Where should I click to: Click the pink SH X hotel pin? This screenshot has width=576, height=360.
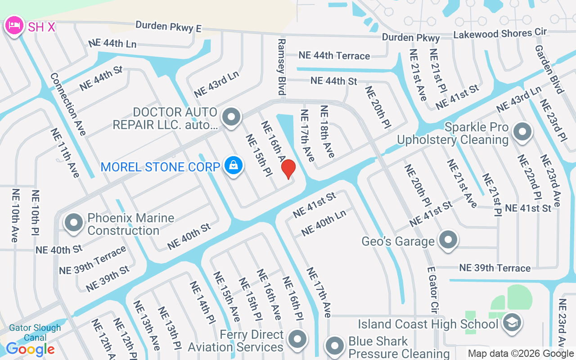coord(14,25)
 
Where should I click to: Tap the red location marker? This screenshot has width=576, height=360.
coord(288,169)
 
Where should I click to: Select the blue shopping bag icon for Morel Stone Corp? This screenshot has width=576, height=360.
coord(234,166)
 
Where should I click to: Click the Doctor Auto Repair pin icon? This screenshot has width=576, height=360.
coord(232,117)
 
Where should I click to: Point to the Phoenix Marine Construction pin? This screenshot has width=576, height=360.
coord(74,223)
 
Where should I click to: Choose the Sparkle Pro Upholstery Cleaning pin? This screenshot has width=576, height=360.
coord(522,132)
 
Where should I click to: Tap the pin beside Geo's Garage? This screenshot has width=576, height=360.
coord(448,240)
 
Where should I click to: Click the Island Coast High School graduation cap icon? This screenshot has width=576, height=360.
coord(512,322)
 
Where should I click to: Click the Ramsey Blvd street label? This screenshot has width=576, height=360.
coord(282,67)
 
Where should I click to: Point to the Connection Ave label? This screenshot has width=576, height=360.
coord(67,104)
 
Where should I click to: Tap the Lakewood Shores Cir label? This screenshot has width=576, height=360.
coord(500,33)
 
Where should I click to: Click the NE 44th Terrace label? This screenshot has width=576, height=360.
coord(334,55)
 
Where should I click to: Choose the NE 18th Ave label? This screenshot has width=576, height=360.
coord(327,131)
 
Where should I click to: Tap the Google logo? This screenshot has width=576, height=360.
coord(31,349)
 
